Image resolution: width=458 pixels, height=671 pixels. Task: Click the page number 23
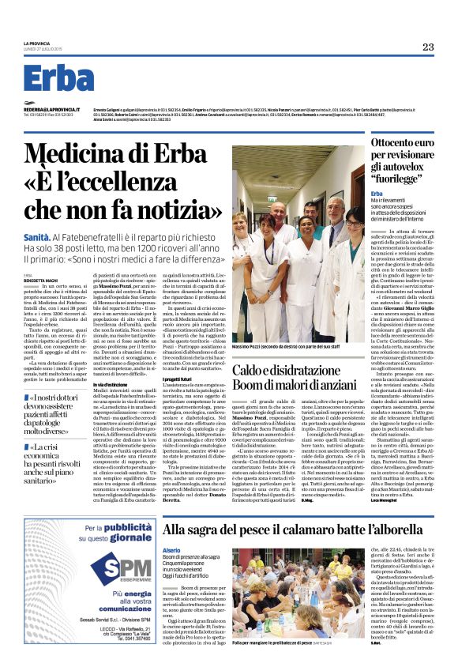(x=427, y=47)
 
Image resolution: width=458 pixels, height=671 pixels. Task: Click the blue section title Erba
(x=59, y=78)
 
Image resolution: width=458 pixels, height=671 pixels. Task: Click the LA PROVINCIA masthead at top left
(x=37, y=43)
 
